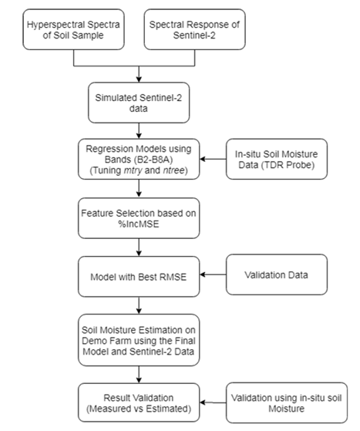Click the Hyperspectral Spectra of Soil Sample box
(x=74, y=29)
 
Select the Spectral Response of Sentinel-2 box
(x=195, y=29)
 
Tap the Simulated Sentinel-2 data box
(x=139, y=103)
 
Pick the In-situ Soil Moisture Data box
(x=277, y=159)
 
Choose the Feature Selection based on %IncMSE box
(x=139, y=218)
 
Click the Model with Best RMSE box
(x=139, y=277)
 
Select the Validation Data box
(x=277, y=274)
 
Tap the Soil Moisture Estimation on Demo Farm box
(x=139, y=340)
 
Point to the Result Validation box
(x=139, y=402)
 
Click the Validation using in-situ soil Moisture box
(x=287, y=402)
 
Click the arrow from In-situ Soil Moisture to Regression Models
(x=213, y=159)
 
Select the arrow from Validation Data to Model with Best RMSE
(x=213, y=274)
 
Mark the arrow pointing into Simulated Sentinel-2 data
(x=139, y=74)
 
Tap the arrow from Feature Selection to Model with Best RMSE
(x=139, y=247)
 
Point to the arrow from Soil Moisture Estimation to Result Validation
(x=139, y=375)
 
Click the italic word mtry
(x=133, y=170)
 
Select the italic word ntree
(x=173, y=170)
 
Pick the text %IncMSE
(x=139, y=224)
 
